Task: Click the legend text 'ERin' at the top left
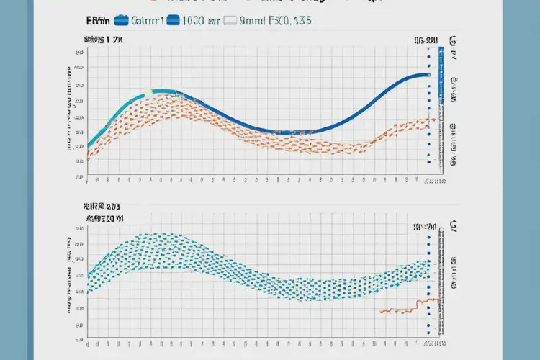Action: pos(96,22)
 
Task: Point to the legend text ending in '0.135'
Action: pos(295,22)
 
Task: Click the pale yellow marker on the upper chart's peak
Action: pos(148,92)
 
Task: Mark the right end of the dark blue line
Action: pos(428,74)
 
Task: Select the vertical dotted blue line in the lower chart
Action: pos(428,281)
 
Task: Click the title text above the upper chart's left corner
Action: pos(105,42)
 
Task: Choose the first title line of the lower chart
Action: pos(105,204)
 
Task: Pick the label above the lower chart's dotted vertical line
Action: pos(426,227)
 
